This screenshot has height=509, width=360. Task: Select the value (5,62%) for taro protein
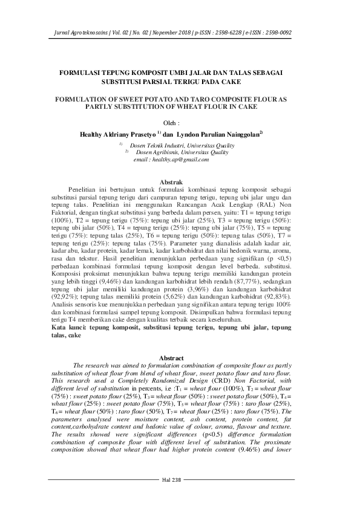point(181,305)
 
